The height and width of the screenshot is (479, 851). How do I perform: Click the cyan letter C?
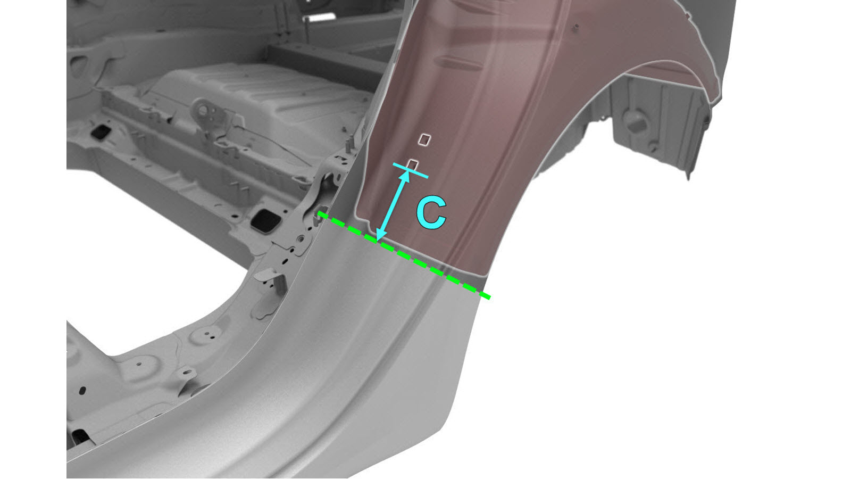coord(431,213)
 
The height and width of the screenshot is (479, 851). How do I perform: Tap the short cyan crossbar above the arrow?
coord(411,170)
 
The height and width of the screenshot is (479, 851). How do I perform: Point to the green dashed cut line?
coord(404,255)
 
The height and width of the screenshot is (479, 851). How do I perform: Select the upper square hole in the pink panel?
coord(424,139)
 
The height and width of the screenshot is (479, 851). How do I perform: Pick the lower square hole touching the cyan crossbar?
coord(412,164)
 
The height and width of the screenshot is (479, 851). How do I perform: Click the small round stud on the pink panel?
coord(577,26)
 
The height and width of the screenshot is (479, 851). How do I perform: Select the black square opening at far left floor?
coord(100,131)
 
